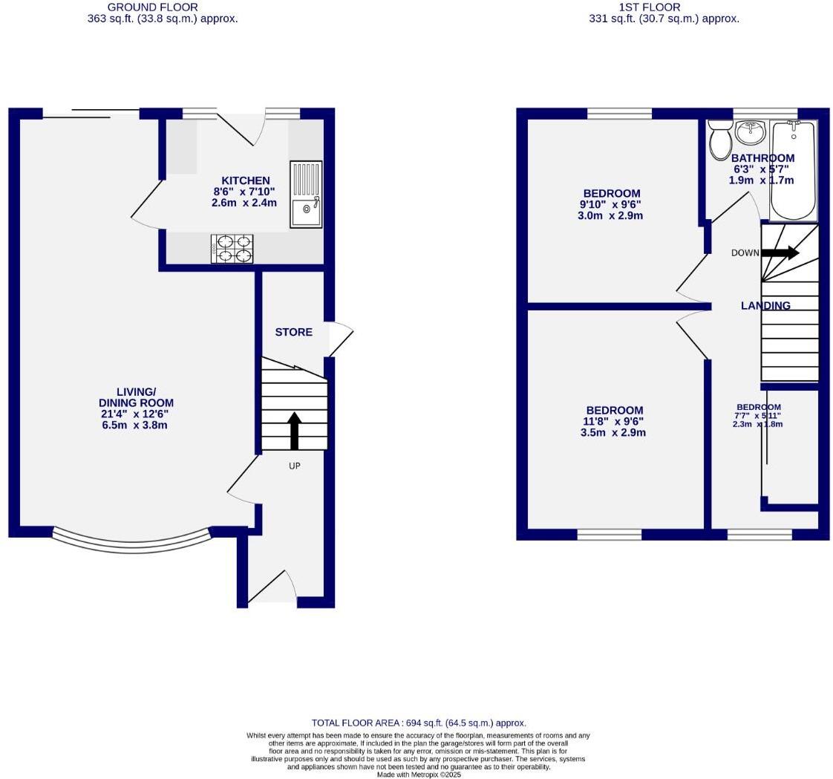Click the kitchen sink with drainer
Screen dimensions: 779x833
point(306,194)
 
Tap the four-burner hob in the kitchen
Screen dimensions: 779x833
point(232,249)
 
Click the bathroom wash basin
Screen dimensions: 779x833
point(751,133)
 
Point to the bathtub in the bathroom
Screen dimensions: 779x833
point(793,171)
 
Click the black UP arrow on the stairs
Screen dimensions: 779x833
point(294,430)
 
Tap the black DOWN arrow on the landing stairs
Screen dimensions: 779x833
point(780,252)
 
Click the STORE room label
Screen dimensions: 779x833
point(293,332)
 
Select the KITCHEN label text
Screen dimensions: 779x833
point(246,180)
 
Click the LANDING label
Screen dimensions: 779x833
point(765,305)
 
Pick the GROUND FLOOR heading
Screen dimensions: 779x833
point(152,7)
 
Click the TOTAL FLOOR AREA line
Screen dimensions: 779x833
point(419,723)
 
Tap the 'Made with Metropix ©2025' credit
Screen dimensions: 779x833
point(419,775)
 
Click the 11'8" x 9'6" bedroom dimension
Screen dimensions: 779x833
point(613,421)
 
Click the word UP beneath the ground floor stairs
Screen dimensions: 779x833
point(295,466)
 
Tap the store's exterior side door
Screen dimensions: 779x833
point(340,339)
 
